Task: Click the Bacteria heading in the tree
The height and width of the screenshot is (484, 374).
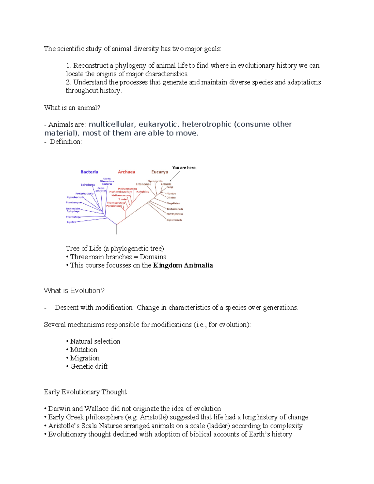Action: tap(89, 172)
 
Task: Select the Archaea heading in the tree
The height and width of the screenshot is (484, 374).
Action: tap(127, 172)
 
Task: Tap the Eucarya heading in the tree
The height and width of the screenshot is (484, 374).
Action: tap(160, 172)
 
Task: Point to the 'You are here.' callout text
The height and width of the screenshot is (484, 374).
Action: tap(184, 168)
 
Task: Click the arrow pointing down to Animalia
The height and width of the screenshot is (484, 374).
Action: tap(175, 176)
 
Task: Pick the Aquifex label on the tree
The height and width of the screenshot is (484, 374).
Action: tap(71, 222)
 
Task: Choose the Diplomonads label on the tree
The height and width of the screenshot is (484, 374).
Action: tap(175, 220)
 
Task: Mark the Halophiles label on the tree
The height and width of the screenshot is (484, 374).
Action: tap(143, 192)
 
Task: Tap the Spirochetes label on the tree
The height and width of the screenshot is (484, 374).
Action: tap(88, 185)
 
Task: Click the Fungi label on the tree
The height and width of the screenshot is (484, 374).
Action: tap(170, 187)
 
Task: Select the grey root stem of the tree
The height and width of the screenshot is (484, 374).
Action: tap(117, 229)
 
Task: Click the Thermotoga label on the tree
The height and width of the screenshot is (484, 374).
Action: tap(73, 217)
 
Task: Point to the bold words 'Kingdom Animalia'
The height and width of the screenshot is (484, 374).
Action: tap(183, 266)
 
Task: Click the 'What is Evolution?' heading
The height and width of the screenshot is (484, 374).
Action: tap(74, 291)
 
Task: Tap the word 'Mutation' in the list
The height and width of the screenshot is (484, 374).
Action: tap(84, 350)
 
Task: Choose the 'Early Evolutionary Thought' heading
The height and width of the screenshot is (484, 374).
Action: tap(85, 392)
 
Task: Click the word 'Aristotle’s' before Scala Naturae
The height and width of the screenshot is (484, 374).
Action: tap(64, 426)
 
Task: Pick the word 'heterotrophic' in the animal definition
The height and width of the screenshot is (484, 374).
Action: tap(207, 124)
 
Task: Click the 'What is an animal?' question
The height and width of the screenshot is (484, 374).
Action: tap(72, 108)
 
